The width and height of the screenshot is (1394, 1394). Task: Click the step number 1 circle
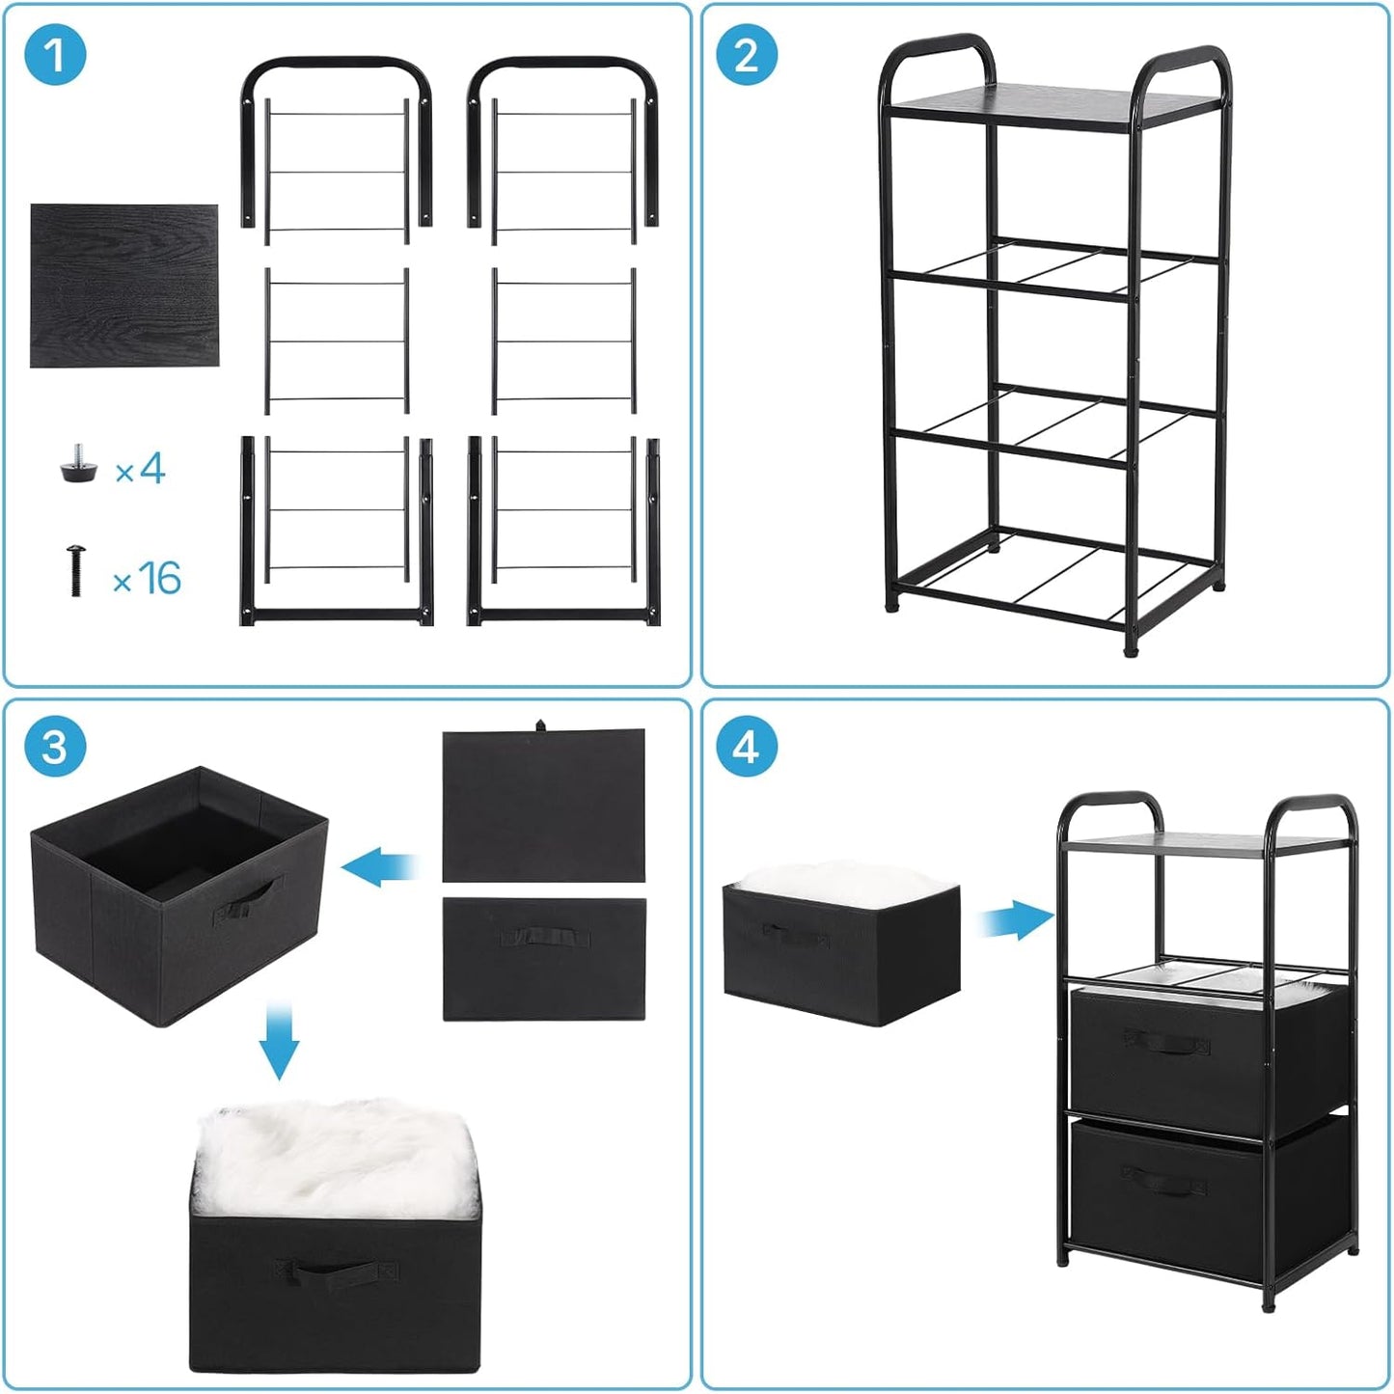[x=55, y=55]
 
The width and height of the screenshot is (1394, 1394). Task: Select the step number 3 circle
[x=55, y=747]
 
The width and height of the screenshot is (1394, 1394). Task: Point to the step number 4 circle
[x=746, y=747]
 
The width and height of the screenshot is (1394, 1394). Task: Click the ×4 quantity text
[x=141, y=471]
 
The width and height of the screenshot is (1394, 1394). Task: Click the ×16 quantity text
[x=148, y=579]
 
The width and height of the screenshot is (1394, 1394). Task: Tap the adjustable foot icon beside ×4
[x=78, y=466]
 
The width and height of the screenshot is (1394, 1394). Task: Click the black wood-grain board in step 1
[x=123, y=286]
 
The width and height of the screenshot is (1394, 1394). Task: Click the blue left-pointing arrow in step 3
[x=379, y=865]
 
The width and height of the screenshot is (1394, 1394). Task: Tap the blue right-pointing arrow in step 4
[x=1015, y=919]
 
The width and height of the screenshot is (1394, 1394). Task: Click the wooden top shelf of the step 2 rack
[x=1008, y=104]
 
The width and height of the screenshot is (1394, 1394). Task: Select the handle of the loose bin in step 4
[x=796, y=934]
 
